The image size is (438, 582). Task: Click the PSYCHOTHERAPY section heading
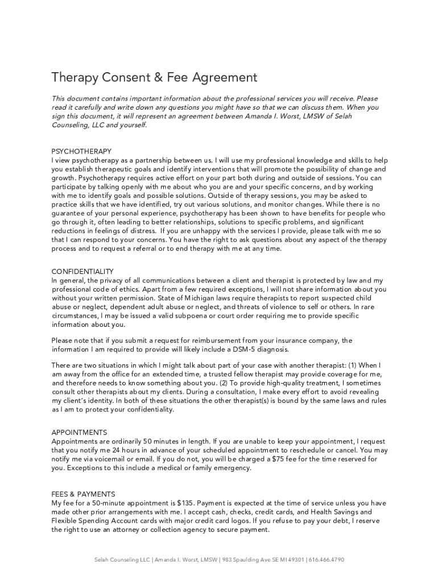[x=81, y=151]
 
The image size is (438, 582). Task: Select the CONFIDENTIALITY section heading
[x=82, y=272]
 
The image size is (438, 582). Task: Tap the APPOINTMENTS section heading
[x=79, y=433]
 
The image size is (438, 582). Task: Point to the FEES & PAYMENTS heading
[x=83, y=494]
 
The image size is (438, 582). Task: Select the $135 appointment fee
[x=186, y=503]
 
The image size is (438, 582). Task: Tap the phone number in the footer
[x=327, y=560]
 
